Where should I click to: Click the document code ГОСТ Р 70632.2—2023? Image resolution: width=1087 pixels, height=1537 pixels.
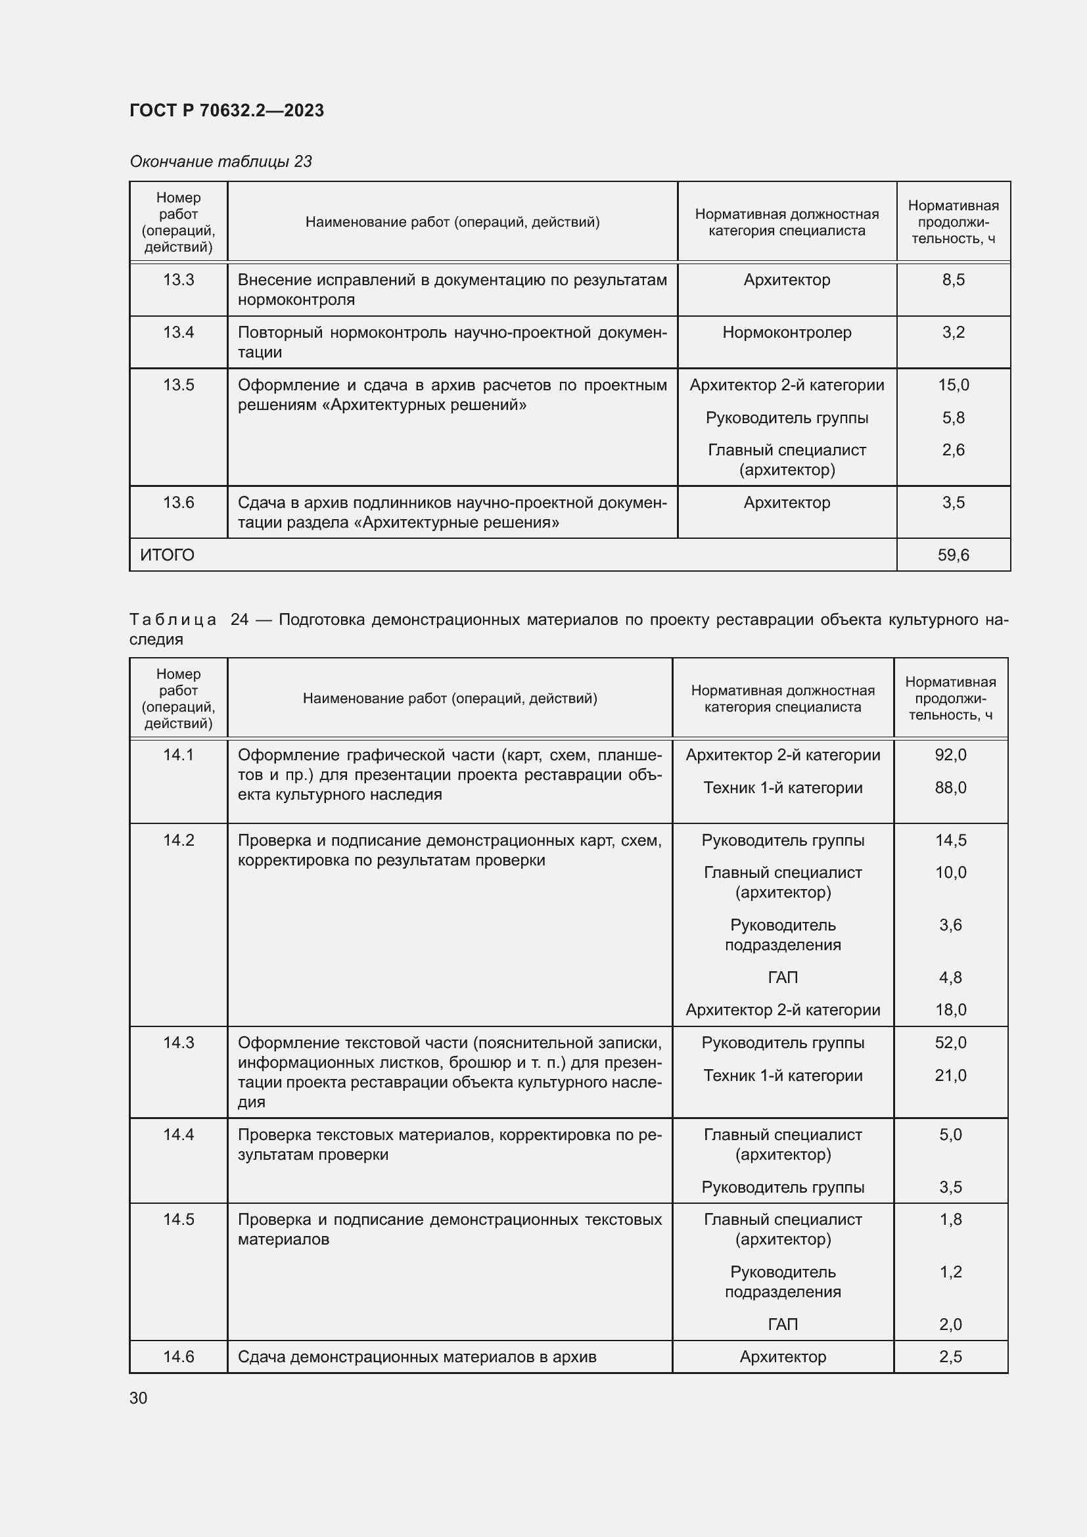(x=226, y=110)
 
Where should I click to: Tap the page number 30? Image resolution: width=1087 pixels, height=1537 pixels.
(x=139, y=1398)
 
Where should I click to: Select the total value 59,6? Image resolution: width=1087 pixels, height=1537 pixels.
(x=952, y=555)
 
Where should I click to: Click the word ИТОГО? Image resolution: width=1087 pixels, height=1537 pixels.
(x=168, y=555)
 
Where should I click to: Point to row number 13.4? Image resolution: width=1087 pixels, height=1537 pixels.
(x=178, y=332)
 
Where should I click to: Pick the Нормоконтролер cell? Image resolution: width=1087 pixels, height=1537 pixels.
(x=787, y=332)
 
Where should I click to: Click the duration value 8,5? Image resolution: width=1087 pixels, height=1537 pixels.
(x=952, y=280)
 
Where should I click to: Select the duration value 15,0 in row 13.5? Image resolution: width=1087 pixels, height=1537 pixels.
(x=952, y=385)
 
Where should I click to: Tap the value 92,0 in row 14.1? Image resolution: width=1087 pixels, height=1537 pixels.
(x=950, y=754)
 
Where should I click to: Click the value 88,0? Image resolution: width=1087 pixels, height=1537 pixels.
(x=950, y=787)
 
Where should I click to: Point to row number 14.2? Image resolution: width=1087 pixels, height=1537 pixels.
(x=178, y=840)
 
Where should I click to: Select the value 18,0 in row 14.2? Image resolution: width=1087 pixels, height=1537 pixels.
(x=950, y=1009)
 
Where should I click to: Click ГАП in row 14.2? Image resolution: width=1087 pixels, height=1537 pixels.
(x=783, y=977)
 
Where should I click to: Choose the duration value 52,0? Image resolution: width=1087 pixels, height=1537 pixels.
(x=950, y=1042)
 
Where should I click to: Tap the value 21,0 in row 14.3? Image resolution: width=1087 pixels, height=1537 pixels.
(x=950, y=1075)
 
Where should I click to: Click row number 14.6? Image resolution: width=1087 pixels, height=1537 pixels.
(x=178, y=1356)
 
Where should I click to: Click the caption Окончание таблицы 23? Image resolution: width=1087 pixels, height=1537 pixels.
(x=220, y=162)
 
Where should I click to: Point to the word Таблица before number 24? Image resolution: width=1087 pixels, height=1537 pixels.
(x=173, y=620)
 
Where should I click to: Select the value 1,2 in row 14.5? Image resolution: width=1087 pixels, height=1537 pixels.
(x=950, y=1272)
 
